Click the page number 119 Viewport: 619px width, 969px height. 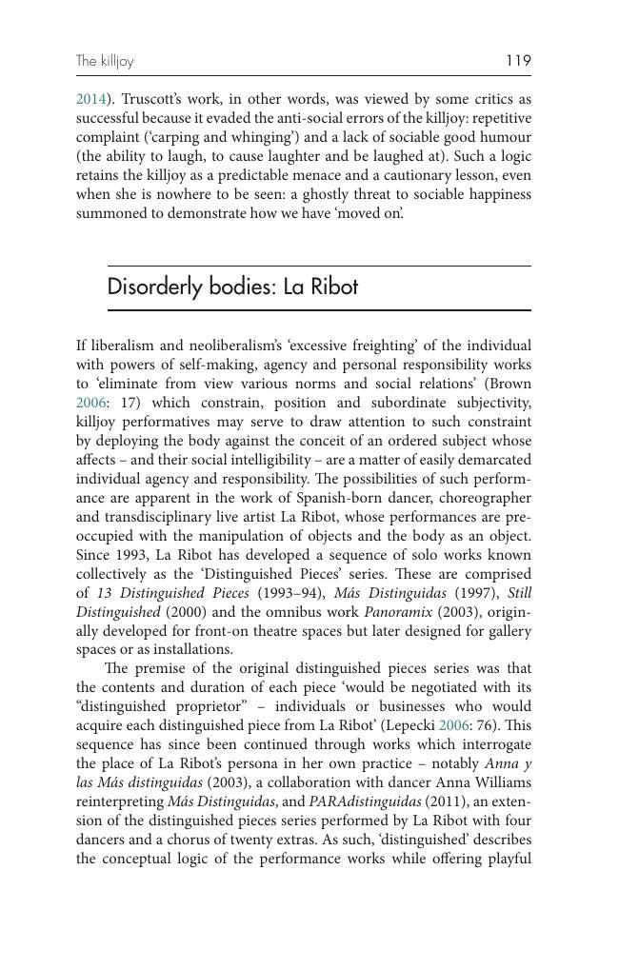(518, 61)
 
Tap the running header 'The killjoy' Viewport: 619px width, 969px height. (105, 62)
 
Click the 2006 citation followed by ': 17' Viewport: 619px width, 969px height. (90, 403)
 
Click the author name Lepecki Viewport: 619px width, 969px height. (408, 725)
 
